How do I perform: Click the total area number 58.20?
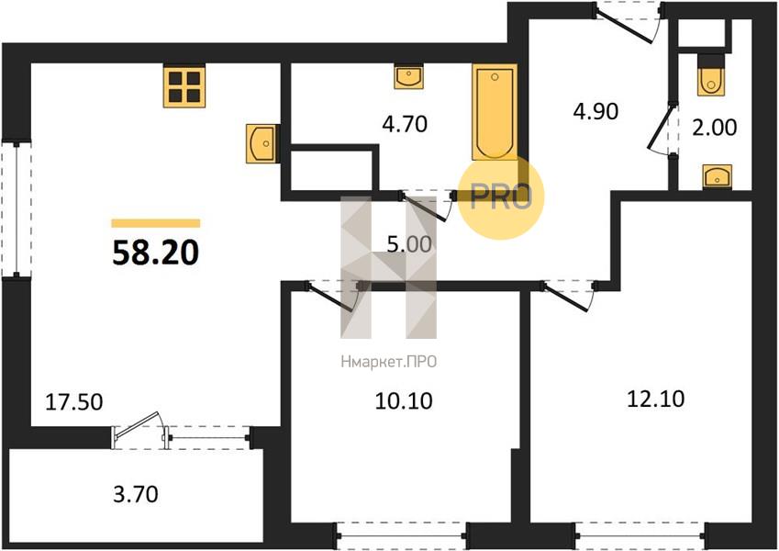coord(155,253)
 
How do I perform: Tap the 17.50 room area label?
coord(74,402)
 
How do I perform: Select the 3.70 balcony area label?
coord(136,494)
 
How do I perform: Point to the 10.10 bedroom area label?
coord(404,400)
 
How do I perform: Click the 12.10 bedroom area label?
coord(656,399)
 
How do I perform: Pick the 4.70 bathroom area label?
coord(405,124)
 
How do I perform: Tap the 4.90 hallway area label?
coord(595,111)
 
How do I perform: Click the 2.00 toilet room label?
coord(715,128)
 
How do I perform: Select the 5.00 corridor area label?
coord(409,244)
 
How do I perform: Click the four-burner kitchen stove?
coord(184,86)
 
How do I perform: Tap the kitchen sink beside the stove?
coord(261,143)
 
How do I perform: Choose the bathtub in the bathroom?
coord(495,113)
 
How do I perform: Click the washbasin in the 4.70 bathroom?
coord(409,76)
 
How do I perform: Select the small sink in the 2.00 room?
coord(717,176)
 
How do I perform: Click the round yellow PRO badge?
coord(501,197)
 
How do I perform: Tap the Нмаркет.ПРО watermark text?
coord(388,362)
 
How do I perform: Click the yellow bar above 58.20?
coord(155,223)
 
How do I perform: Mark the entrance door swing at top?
coord(629,21)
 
